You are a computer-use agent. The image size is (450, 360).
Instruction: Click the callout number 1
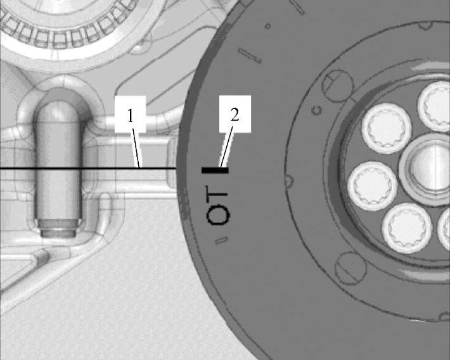pyautogui.click(x=131, y=116)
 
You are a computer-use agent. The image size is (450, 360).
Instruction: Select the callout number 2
pyautogui.click(x=235, y=115)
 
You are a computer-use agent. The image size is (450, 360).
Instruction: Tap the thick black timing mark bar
pyautogui.click(x=215, y=170)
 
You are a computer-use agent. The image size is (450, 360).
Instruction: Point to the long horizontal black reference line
pyautogui.click(x=88, y=168)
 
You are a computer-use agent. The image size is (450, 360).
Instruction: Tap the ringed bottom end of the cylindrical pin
pyautogui.click(x=58, y=228)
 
